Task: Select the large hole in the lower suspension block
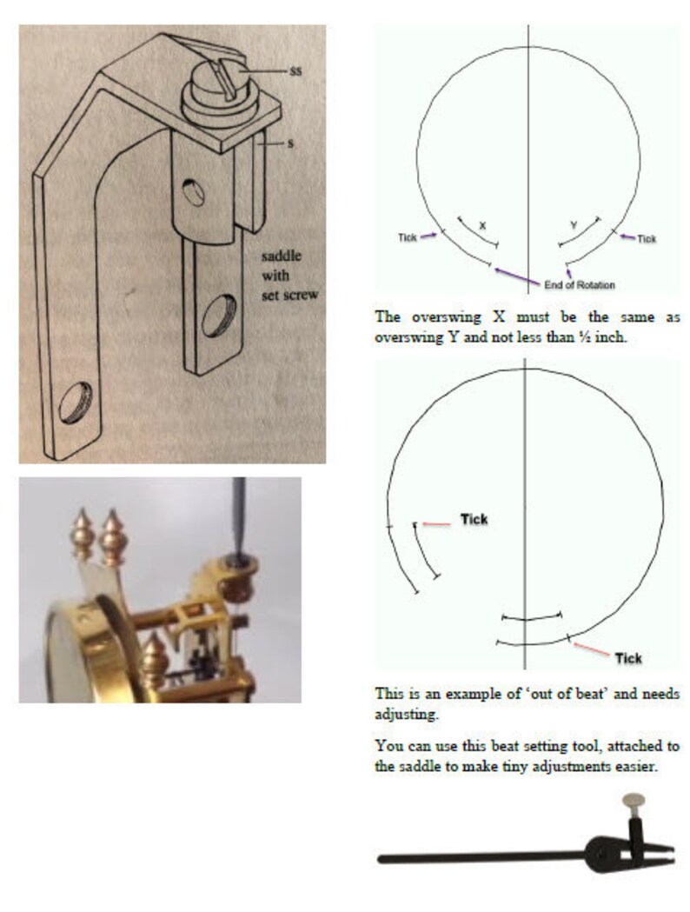tap(217, 317)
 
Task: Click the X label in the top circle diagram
tap(482, 225)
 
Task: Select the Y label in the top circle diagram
tap(573, 225)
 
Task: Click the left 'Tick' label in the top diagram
tap(408, 236)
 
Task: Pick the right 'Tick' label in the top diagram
tap(647, 238)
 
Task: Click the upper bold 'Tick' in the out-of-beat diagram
tap(474, 520)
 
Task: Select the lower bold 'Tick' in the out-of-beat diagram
tap(627, 658)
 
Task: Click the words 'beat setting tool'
tap(505, 746)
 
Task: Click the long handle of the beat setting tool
tap(478, 857)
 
